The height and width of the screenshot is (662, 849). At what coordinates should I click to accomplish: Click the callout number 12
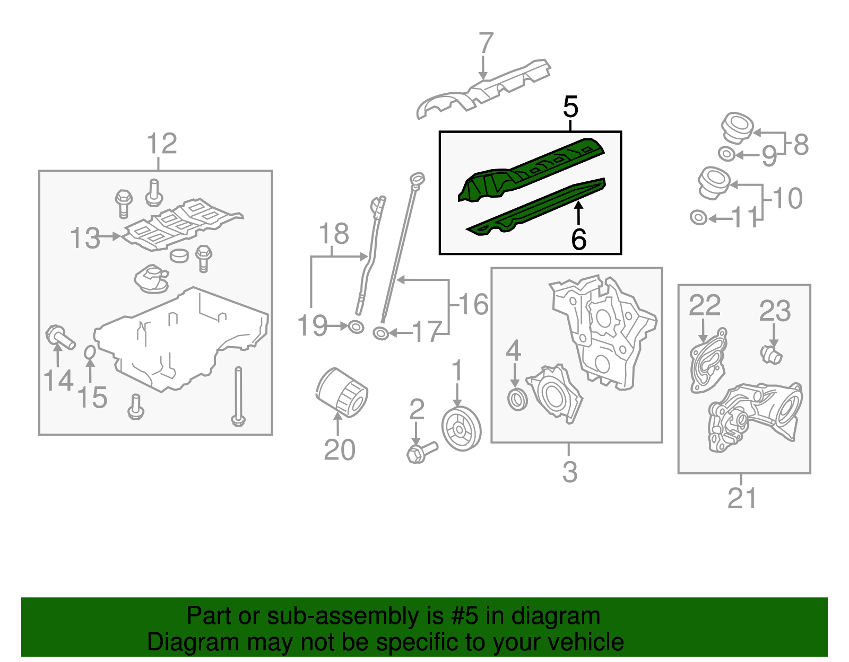click(x=162, y=144)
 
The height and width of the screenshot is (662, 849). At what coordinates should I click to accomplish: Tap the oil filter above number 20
click(x=342, y=392)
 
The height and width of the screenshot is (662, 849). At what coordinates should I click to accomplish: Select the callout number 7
click(x=486, y=42)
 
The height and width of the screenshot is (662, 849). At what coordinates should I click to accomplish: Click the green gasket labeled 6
click(x=535, y=207)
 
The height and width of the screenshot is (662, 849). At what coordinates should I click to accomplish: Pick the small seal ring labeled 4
click(x=517, y=400)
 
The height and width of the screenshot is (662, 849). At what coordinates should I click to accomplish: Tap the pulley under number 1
click(x=461, y=428)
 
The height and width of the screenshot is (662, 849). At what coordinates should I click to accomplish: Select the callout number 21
click(x=742, y=498)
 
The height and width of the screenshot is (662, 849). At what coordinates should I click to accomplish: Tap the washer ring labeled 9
click(x=727, y=154)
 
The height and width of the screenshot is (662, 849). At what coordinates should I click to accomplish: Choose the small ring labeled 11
click(x=699, y=217)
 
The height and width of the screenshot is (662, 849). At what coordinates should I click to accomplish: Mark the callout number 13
click(x=85, y=239)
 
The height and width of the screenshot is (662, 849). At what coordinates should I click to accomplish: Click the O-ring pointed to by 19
click(x=356, y=327)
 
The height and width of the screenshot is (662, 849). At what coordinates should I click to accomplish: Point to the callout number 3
click(x=570, y=472)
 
